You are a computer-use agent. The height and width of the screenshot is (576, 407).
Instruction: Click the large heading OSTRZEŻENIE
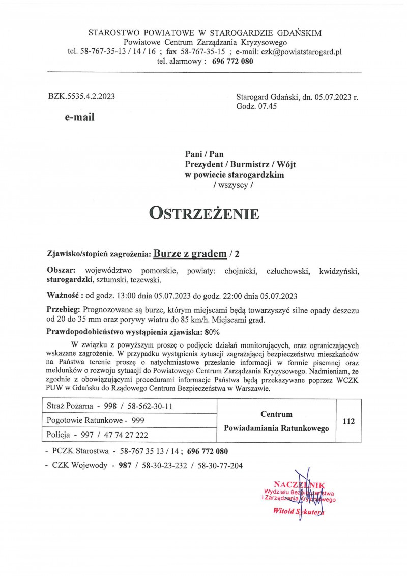click(x=203, y=213)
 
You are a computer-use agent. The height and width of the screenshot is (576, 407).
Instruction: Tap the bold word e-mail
click(x=79, y=117)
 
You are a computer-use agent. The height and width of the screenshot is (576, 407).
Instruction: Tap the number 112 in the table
click(x=348, y=421)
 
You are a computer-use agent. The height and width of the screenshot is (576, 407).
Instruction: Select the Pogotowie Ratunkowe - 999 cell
click(x=95, y=420)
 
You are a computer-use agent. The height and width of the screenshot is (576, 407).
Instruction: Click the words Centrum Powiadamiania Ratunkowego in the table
click(x=276, y=421)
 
